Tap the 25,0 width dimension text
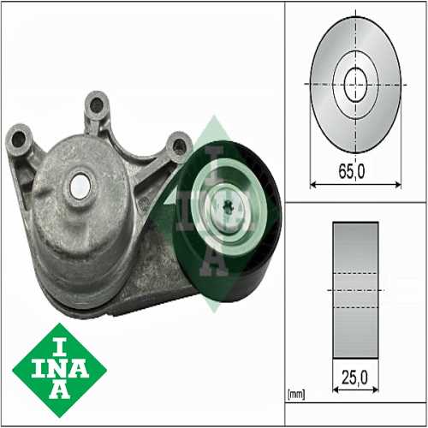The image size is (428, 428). pos(354,376)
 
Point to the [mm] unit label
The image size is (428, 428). pos(295,395)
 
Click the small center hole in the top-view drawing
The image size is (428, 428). pos(354,84)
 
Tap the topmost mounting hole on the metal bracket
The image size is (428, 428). pos(96,104)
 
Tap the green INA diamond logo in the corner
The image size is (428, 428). pos(59,371)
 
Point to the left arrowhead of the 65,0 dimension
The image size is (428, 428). pos(311,183)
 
